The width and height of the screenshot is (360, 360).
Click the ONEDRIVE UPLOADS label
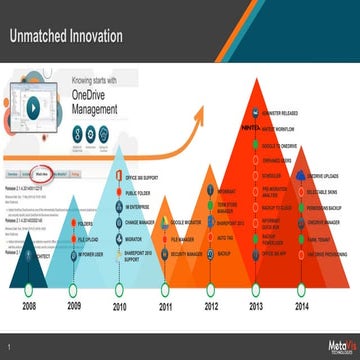(x=325, y=175)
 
